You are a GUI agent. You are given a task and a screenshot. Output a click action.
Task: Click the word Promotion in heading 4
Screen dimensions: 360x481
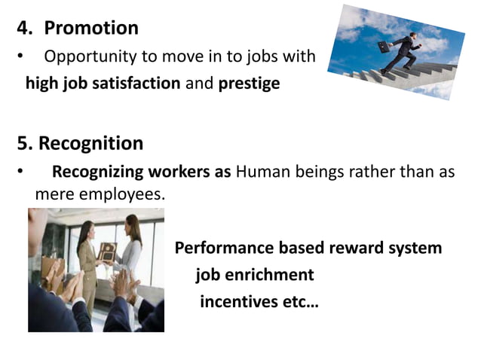pyautogui.click(x=91, y=29)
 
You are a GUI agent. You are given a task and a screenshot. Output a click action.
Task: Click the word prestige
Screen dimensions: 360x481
pyautogui.click(x=249, y=83)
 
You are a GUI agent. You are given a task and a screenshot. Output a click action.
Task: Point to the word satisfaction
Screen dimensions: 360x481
pyautogui.click(x=136, y=83)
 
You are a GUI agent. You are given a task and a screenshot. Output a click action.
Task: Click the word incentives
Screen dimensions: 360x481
pyautogui.click(x=235, y=302)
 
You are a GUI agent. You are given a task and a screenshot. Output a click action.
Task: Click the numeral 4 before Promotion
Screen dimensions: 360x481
pyautogui.click(x=22, y=29)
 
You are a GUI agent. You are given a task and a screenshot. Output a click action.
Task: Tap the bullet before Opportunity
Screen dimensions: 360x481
pyautogui.click(x=20, y=57)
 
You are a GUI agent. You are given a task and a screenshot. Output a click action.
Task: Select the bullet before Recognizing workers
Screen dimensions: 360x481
pyautogui.click(x=20, y=172)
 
